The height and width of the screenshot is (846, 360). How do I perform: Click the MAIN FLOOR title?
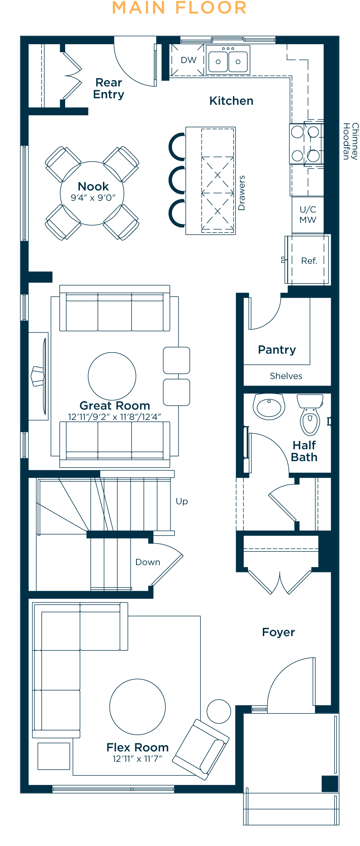click(179, 8)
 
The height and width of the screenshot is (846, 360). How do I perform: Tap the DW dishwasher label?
click(189, 60)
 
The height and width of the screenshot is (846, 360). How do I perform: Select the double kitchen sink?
click(228, 60)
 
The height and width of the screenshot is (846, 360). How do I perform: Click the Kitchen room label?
click(231, 101)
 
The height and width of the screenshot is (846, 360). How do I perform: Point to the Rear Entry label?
click(109, 88)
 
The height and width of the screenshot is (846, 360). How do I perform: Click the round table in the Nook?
click(92, 193)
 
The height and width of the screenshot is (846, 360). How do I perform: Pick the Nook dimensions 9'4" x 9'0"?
click(93, 198)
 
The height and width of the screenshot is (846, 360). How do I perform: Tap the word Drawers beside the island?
click(242, 193)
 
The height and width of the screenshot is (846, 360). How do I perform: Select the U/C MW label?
click(308, 215)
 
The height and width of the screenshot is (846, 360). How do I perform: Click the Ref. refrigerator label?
click(309, 261)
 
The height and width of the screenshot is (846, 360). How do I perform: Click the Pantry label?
click(277, 350)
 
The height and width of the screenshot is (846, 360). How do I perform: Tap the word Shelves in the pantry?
click(286, 376)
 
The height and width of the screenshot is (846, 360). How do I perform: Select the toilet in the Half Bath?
click(310, 415)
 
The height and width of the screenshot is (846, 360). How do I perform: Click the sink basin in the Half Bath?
click(269, 407)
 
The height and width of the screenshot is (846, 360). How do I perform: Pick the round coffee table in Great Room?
click(112, 376)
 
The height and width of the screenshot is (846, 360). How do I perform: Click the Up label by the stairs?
click(182, 501)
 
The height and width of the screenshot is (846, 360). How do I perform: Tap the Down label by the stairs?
click(148, 562)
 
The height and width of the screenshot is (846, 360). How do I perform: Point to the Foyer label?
click(278, 632)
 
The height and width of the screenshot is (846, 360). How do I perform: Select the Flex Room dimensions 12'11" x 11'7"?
click(137, 759)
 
